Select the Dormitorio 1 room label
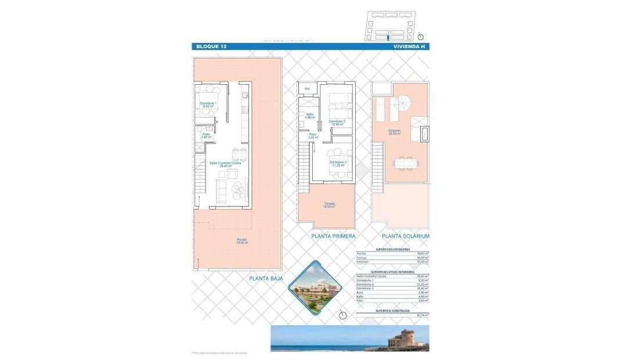pyautogui.click(x=208, y=105)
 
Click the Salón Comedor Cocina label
pyautogui.click(x=225, y=164)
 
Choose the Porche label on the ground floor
pyautogui.click(x=242, y=241)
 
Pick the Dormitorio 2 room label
pyautogui.click(x=338, y=163)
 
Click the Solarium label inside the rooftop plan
pyautogui.click(x=395, y=132)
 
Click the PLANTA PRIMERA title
pyautogui.click(x=333, y=236)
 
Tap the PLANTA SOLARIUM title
pyautogui.click(x=406, y=236)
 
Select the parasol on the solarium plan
pyautogui.click(x=400, y=103)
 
